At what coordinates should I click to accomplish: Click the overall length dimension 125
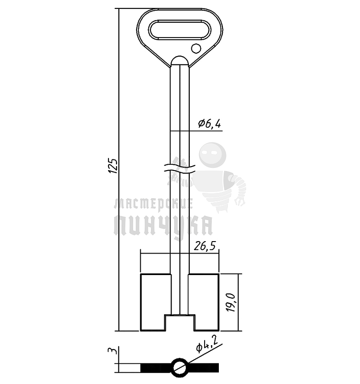(113, 166)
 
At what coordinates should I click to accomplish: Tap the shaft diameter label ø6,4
(209, 124)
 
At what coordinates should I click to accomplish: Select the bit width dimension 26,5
(205, 246)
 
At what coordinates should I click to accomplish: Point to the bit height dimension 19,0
(231, 302)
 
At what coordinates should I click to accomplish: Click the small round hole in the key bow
(196, 48)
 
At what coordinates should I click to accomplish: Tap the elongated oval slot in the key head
(179, 29)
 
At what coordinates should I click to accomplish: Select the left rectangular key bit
(155, 302)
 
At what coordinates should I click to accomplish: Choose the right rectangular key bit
(204, 302)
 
